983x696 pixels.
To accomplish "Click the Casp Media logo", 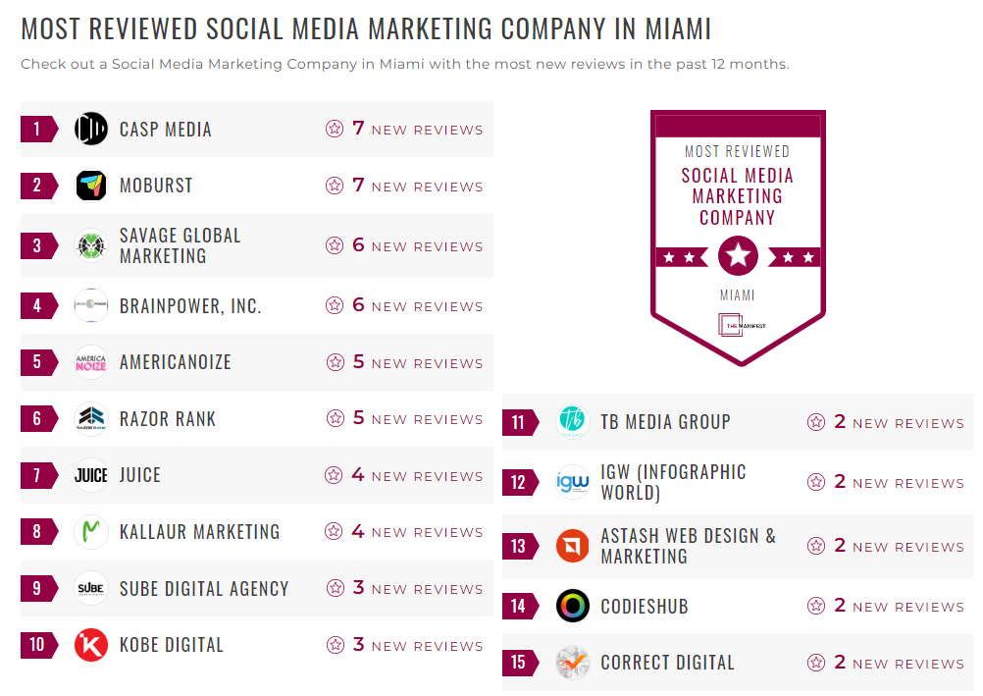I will click(x=91, y=130).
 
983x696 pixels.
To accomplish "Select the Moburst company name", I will click(x=156, y=186).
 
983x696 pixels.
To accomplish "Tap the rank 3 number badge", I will click(x=38, y=245).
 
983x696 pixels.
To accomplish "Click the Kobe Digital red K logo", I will click(x=91, y=645).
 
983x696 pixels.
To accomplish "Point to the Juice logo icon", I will click(x=91, y=475).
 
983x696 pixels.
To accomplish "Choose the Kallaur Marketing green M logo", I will click(x=91, y=532).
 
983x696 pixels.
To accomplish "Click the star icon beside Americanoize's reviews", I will click(x=335, y=362).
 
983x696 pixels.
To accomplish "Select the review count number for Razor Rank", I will click(x=358, y=418).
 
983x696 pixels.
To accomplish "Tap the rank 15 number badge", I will click(x=519, y=663).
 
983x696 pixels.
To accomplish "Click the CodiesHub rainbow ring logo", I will click(x=573, y=606).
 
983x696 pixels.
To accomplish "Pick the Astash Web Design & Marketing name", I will click(x=688, y=546).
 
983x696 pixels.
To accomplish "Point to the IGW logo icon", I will click(x=573, y=482).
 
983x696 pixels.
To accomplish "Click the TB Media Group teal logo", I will click(x=573, y=422).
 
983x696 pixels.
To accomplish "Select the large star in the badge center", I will click(x=738, y=257).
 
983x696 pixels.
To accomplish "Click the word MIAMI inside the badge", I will click(x=738, y=294).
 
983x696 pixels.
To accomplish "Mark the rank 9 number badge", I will click(x=38, y=589).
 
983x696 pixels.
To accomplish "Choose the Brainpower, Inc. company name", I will click(x=190, y=306).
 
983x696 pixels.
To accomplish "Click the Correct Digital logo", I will click(x=573, y=663).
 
